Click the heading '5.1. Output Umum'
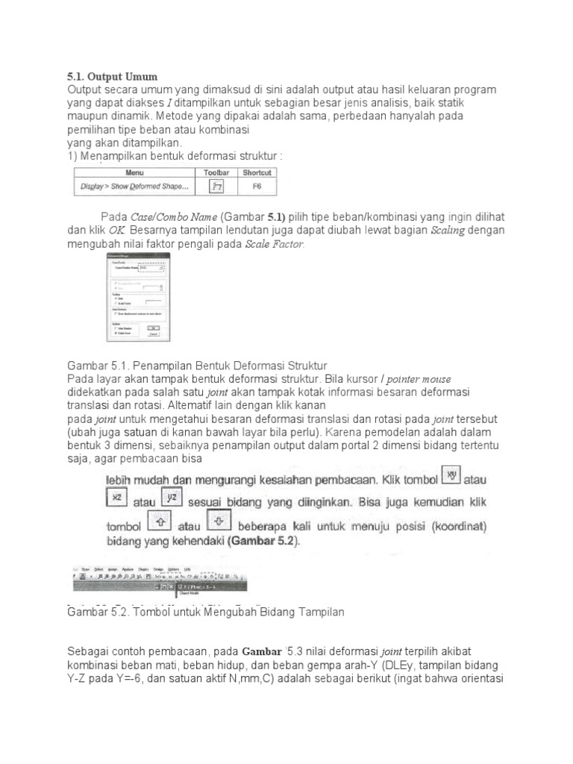point(112,77)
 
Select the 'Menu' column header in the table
point(134,172)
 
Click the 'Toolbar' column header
point(216,172)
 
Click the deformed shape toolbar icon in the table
point(216,187)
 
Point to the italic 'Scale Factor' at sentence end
point(275,245)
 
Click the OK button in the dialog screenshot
point(153,327)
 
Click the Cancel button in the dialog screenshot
point(153,334)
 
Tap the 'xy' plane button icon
point(451,475)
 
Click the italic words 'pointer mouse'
point(419,379)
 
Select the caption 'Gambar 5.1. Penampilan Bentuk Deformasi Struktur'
point(197,366)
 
